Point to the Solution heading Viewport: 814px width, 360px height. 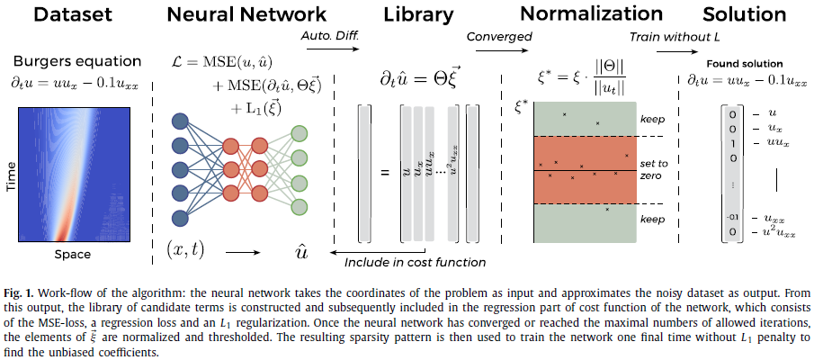[743, 14]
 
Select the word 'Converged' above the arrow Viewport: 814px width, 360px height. [499, 36]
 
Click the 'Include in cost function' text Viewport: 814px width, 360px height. [416, 262]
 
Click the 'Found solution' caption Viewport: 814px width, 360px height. [744, 64]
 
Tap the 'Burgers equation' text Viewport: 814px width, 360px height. [76, 62]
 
